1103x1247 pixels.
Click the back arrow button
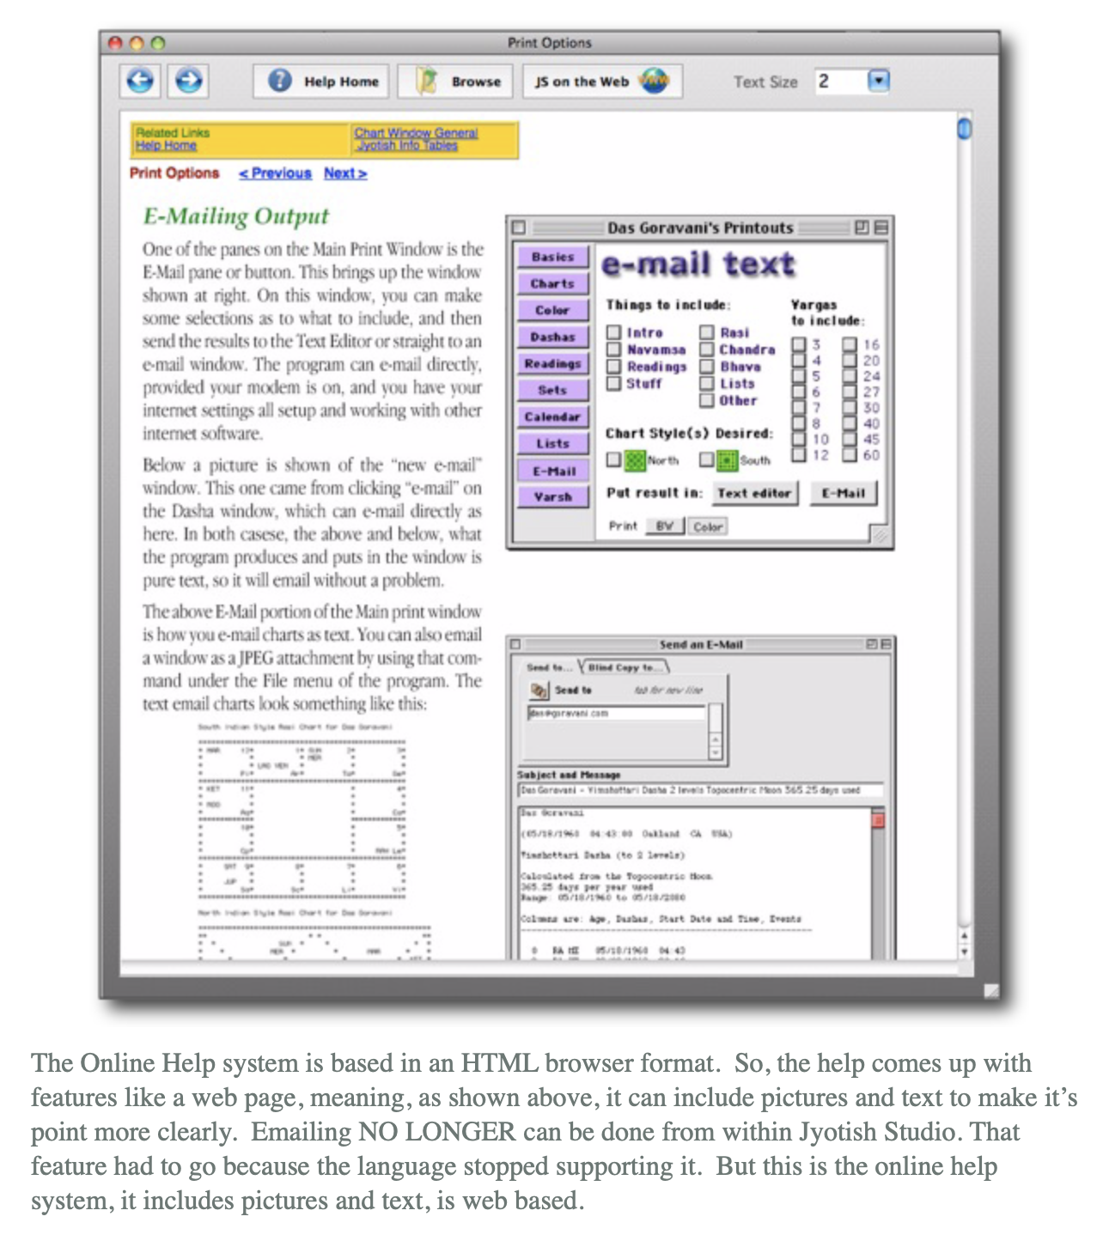140,81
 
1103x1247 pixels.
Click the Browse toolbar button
455,82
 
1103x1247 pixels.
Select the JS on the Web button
601,82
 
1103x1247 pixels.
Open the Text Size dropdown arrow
877,81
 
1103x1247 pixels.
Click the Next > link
345,173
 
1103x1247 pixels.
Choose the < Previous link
275,173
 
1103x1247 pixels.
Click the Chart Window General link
416,133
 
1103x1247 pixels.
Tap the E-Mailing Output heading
236,216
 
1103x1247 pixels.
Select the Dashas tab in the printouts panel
552,338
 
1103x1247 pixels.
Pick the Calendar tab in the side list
552,417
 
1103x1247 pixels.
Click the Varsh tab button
552,497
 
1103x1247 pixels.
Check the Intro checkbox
614,332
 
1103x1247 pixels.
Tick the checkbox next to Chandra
707,350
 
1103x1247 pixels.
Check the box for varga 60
850,455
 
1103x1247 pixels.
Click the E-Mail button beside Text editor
843,493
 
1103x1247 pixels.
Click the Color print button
708,526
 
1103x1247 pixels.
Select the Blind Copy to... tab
625,667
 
